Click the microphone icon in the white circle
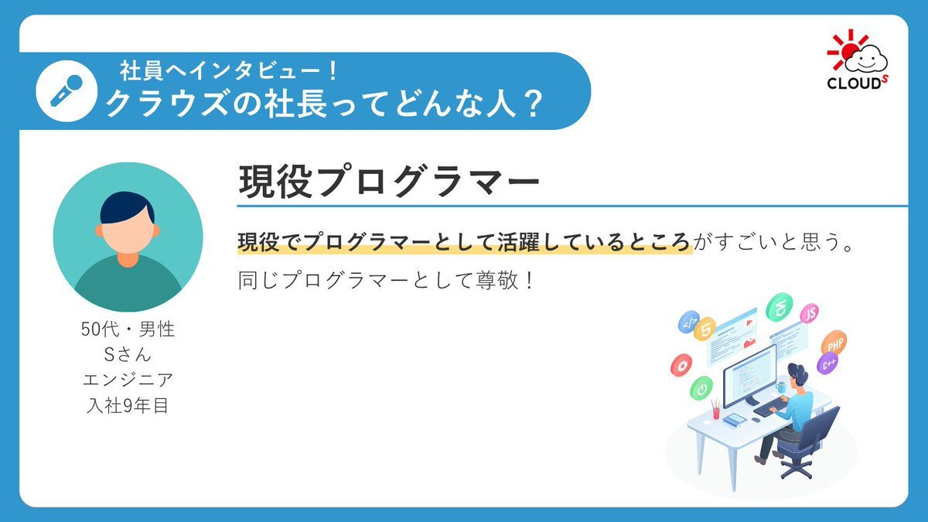[66, 91]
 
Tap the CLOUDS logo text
[857, 82]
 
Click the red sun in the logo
[848, 52]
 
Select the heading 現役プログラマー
[388, 182]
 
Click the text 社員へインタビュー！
[229, 71]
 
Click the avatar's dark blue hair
[127, 207]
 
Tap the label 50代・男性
[128, 329]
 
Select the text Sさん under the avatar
[128, 355]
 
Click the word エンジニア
[128, 380]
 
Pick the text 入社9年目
[128, 405]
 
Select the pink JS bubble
[810, 314]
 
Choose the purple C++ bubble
[827, 363]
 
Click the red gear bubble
[681, 365]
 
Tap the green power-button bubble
[701, 388]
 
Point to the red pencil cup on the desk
[716, 411]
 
